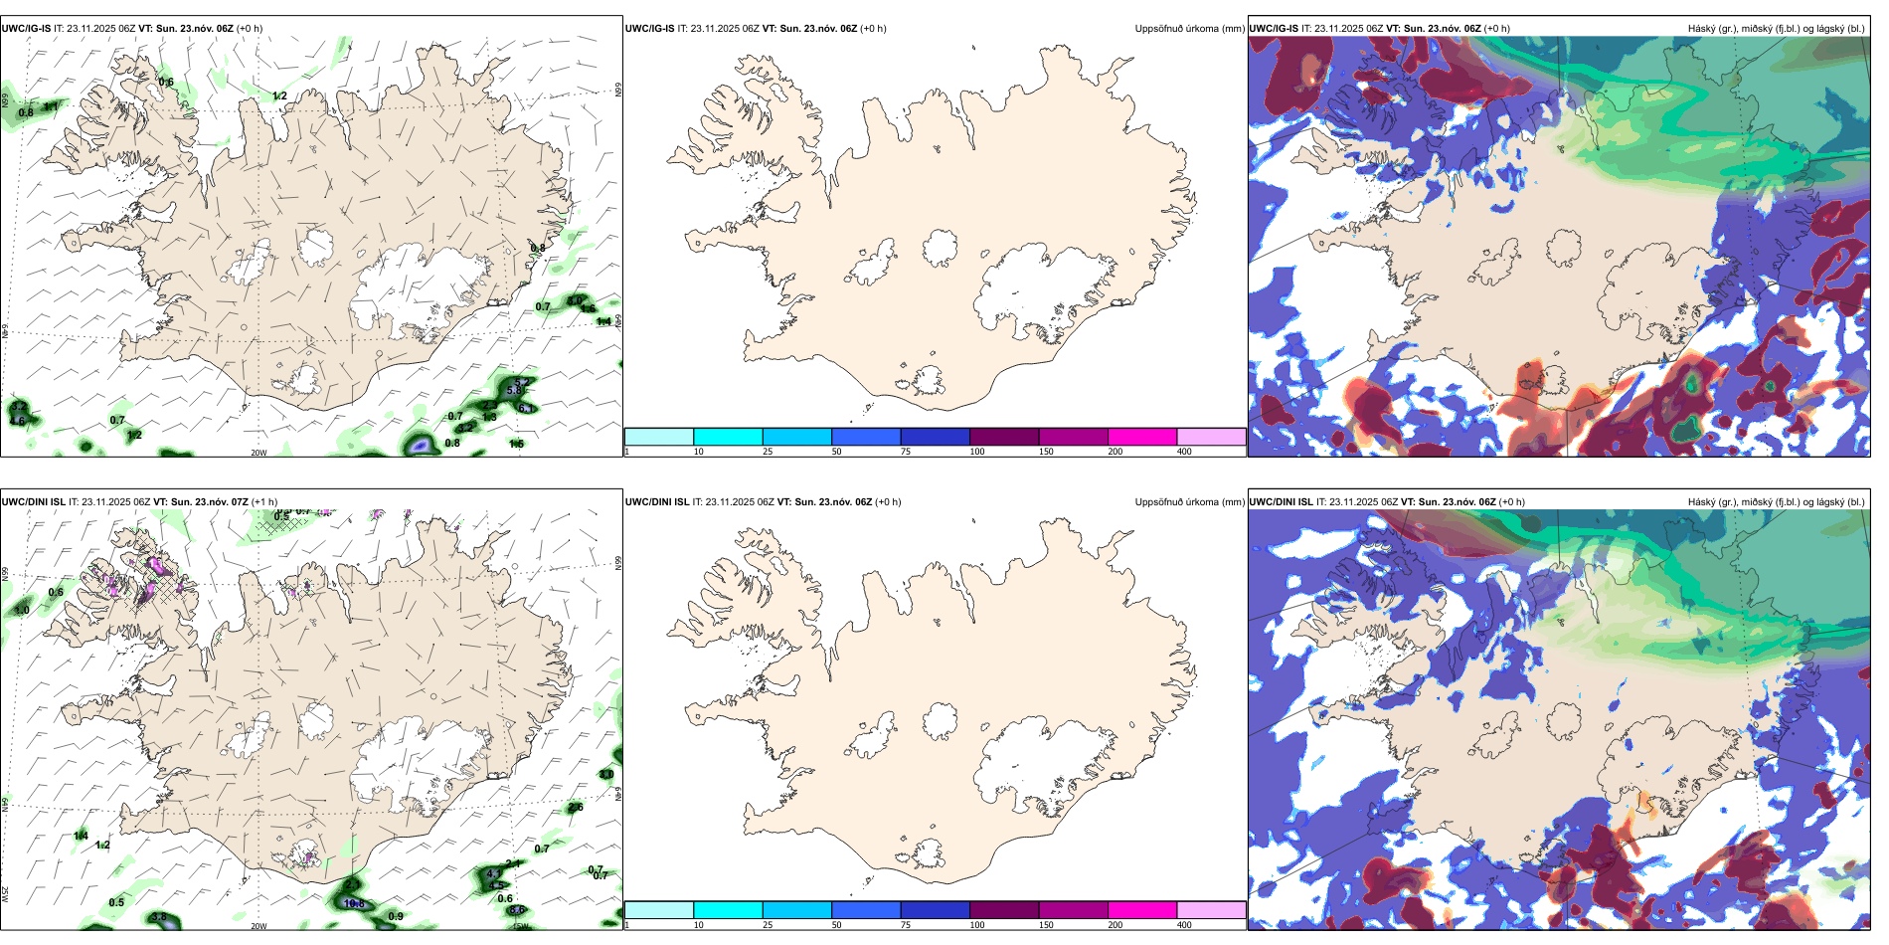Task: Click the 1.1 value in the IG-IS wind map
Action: pos(51,106)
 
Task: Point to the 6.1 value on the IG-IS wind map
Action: pos(525,408)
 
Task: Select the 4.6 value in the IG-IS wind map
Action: pos(17,421)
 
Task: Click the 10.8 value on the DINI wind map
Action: pos(353,904)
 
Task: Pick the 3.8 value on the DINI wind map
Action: pos(158,917)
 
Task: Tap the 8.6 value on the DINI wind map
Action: pos(517,910)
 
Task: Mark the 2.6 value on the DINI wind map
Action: pos(576,808)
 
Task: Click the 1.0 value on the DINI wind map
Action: pos(23,610)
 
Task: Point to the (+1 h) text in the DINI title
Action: pos(264,502)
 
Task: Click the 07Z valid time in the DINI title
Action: pos(240,502)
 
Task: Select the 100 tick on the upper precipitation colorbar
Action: pos(977,452)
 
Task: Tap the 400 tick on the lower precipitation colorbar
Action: pos(1184,925)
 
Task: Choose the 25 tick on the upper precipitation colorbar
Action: pos(768,452)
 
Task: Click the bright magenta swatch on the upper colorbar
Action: pos(1141,437)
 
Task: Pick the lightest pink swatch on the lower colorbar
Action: pos(1211,910)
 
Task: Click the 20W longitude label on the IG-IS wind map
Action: pos(258,453)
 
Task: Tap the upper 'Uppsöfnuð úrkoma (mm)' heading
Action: pos(1189,29)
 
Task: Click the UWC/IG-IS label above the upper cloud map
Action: pos(1274,29)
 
